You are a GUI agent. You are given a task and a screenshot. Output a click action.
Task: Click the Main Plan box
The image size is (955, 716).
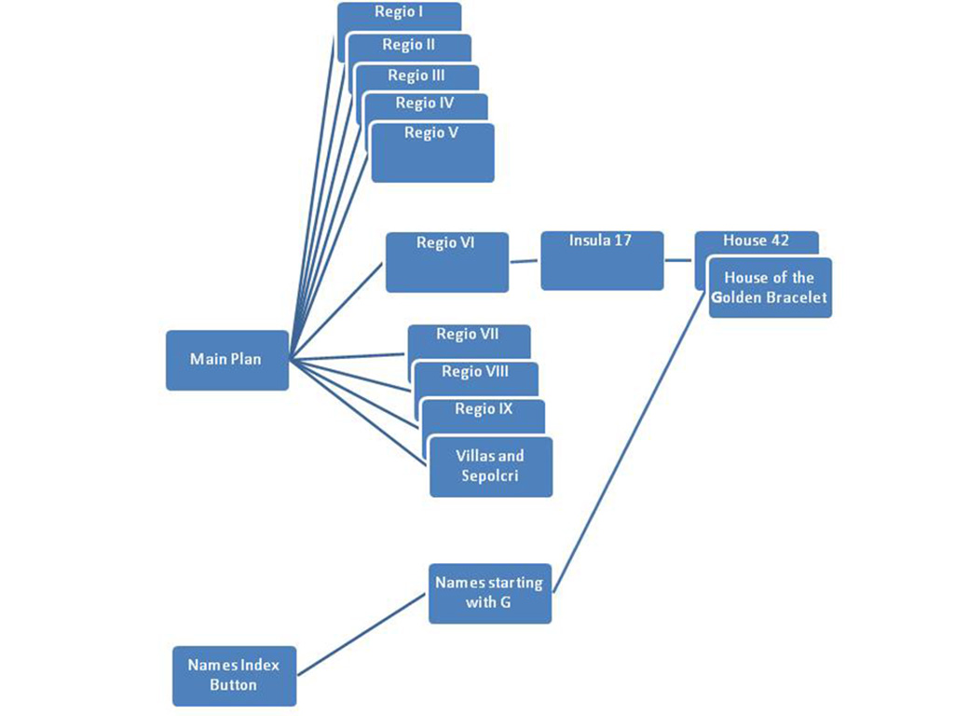tap(227, 359)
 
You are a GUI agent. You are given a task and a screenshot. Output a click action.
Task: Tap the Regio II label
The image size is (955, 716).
tap(409, 44)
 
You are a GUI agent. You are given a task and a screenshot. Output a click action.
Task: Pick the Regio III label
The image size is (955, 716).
tap(416, 76)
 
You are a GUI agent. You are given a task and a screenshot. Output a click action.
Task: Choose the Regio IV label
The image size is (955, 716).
tap(425, 103)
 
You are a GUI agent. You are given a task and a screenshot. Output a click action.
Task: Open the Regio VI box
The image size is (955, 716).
tap(447, 262)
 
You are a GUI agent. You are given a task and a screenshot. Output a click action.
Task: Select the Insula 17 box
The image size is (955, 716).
tap(601, 260)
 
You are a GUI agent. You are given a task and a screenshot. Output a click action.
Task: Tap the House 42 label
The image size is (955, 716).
tap(757, 241)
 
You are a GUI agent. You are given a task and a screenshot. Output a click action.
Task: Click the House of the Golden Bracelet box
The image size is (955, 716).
tap(770, 287)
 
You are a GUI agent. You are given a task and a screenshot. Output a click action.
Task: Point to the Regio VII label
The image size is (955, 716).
tap(469, 334)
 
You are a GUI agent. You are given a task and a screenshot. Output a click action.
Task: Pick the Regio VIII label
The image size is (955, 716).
tap(475, 372)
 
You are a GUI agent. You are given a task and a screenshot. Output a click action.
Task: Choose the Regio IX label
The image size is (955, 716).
tap(484, 409)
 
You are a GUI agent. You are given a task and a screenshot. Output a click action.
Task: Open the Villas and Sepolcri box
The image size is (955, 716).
tap(490, 466)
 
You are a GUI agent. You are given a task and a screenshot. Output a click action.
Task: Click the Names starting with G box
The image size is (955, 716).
tap(489, 593)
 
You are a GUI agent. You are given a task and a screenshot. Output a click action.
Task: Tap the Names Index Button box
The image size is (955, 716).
tap(234, 675)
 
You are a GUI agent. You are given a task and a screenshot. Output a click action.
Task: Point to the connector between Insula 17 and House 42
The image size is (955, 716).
tap(679, 260)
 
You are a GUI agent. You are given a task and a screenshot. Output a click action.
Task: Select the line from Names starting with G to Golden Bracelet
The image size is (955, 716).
tap(634, 438)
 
